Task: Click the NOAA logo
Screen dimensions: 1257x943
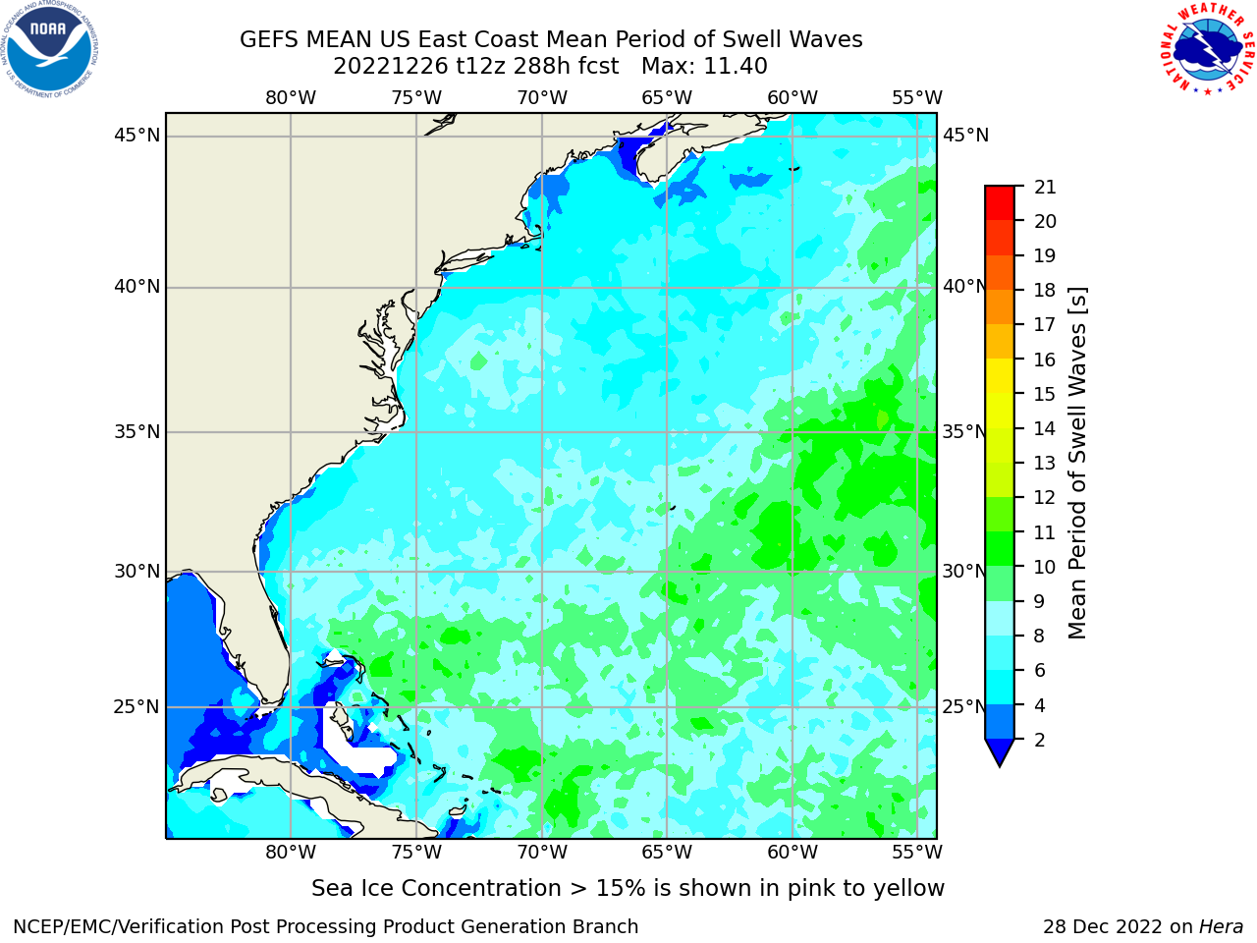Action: coord(50,50)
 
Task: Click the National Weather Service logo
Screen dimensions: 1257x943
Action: coord(1207,49)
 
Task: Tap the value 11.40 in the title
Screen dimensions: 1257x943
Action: coord(736,67)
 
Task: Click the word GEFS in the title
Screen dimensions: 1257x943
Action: coord(269,40)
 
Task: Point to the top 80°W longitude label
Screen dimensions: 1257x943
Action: coord(291,98)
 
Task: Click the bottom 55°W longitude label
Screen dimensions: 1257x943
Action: coord(917,853)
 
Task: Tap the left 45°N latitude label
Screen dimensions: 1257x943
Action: coord(137,136)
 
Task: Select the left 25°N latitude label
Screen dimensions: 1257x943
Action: coord(137,707)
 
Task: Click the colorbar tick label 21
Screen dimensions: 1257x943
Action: coord(1045,188)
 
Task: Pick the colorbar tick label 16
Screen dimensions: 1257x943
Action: coord(1045,360)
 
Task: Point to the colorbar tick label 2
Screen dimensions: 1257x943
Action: coord(1040,740)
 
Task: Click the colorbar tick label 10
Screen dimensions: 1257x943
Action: coord(1045,567)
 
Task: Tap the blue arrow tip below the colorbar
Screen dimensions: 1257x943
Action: coord(1000,766)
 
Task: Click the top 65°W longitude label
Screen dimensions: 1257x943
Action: coord(667,98)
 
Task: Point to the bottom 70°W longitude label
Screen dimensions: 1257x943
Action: coord(542,853)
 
